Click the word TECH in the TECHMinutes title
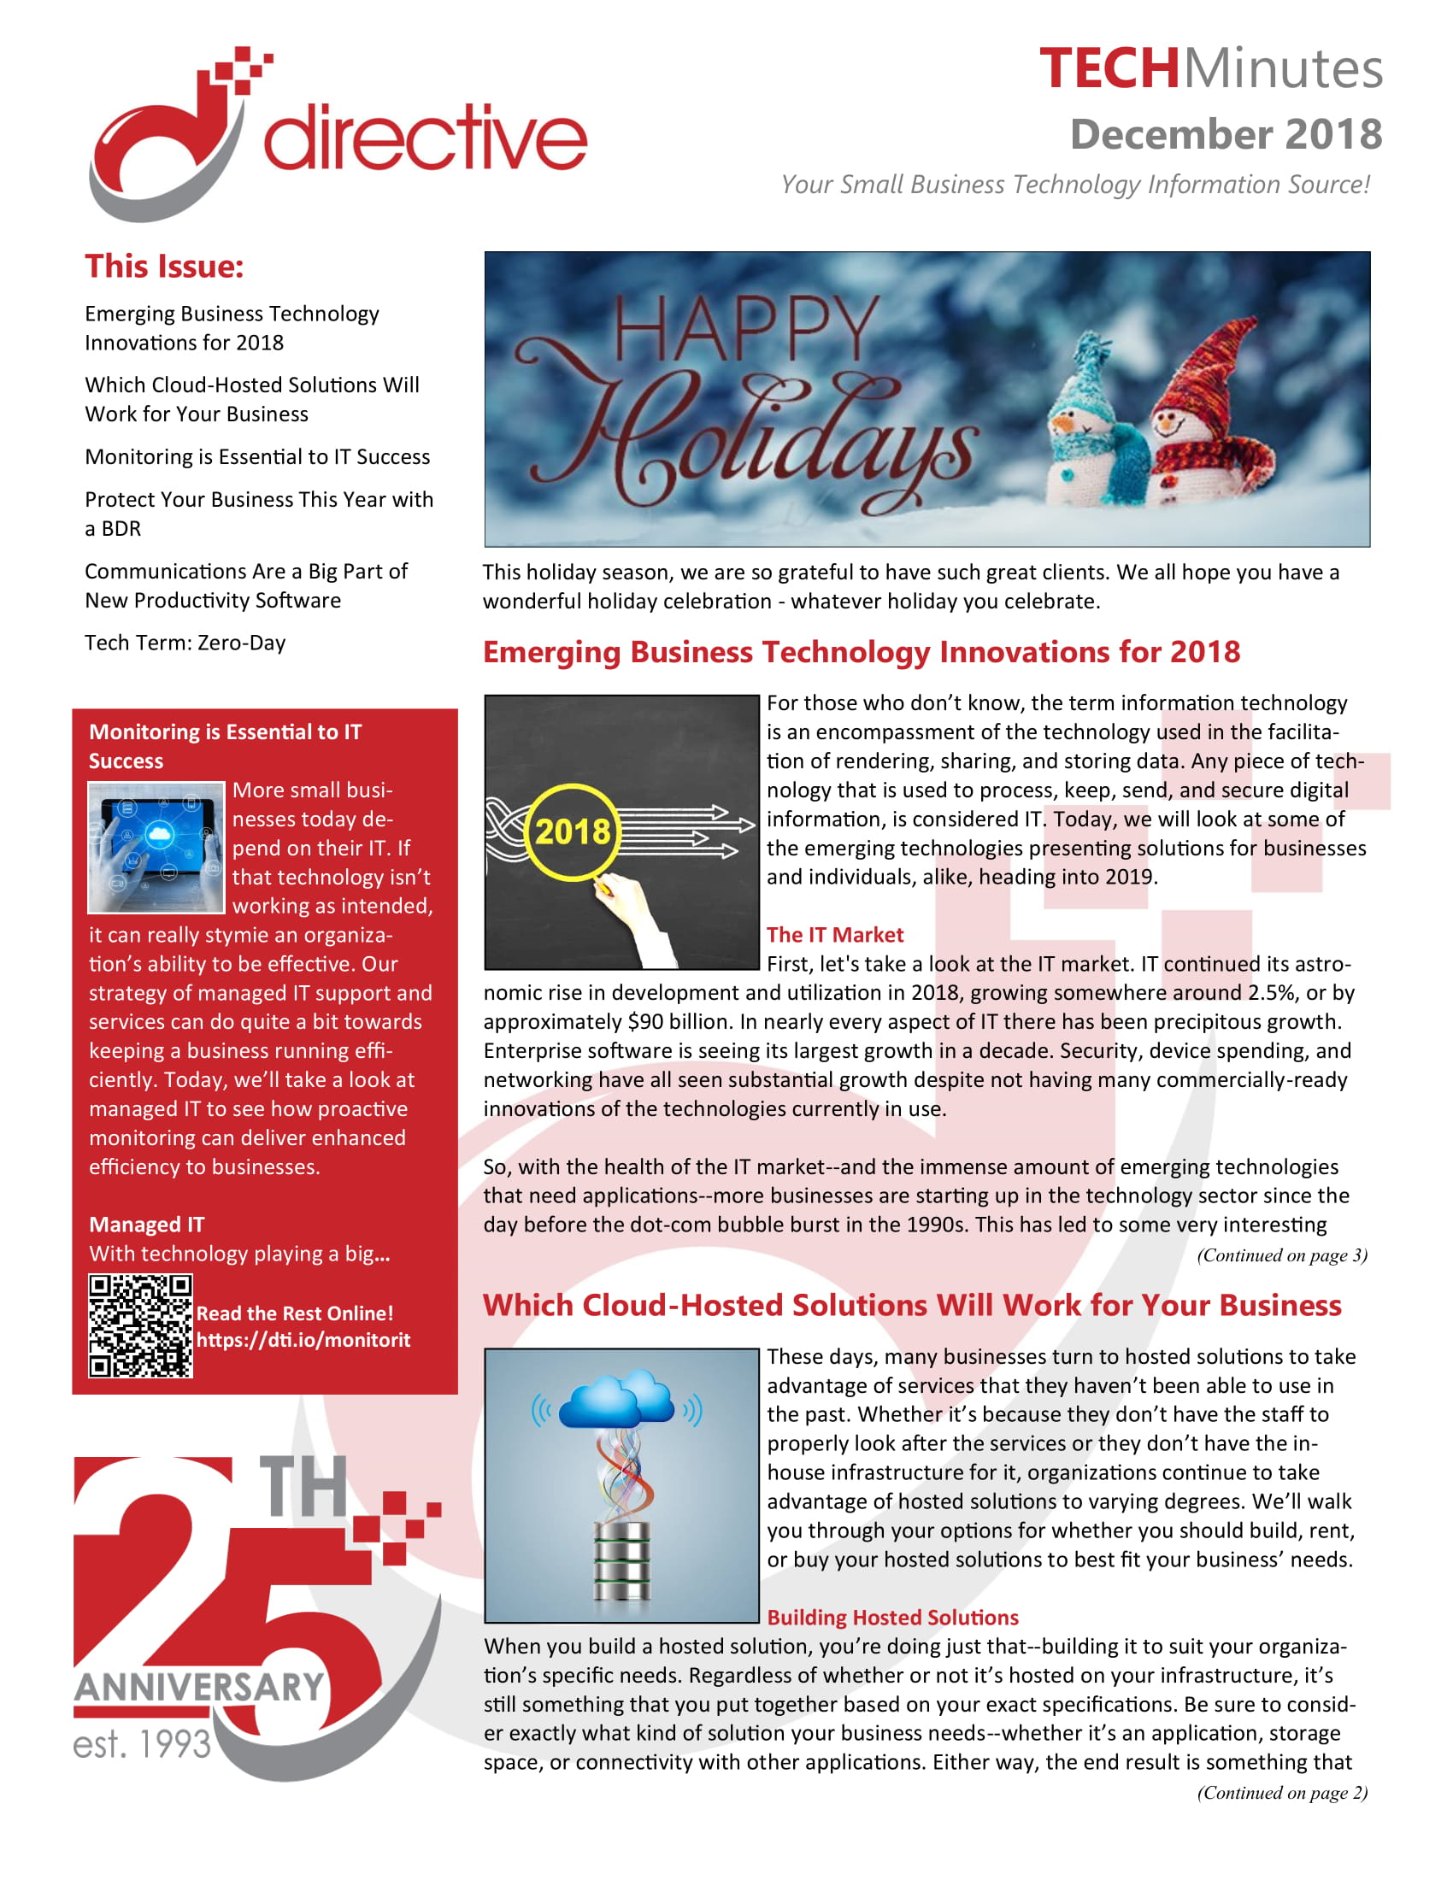[x=1109, y=69]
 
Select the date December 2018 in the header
[x=1225, y=135]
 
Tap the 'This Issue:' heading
[x=163, y=266]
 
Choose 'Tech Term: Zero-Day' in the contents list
[x=185, y=643]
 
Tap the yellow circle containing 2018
[x=573, y=832]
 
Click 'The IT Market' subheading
[x=834, y=935]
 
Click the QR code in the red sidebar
[x=140, y=1326]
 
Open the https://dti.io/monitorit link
[x=303, y=1340]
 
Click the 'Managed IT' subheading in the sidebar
[x=146, y=1224]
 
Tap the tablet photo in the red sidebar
[x=156, y=847]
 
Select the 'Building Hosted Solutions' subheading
[x=892, y=1618]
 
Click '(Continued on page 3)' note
[x=1282, y=1255]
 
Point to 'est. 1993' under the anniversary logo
[x=142, y=1744]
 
